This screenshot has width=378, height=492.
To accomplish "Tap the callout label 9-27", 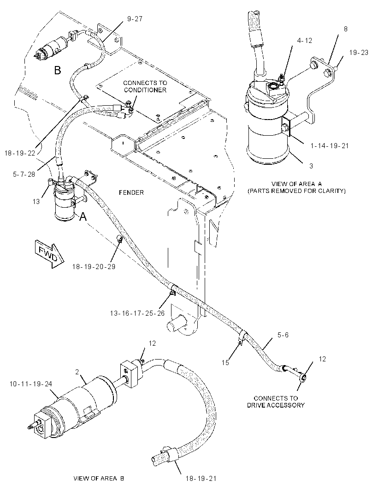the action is pos(135,19).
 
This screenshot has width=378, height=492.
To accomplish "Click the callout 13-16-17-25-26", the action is pos(137,313).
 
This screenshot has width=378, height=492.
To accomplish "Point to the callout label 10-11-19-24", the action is pos(31,384).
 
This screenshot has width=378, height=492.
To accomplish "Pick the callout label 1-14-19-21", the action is pos(330,145).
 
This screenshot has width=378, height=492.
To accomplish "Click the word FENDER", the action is pos(131,192).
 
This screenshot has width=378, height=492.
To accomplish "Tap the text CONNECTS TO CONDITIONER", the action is pos(145,87).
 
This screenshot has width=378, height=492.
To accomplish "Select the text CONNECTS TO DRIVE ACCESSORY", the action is pos(276,402).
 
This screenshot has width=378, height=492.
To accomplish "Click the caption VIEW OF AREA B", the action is pos(98,479).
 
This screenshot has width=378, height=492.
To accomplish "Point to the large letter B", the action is pos(57,70).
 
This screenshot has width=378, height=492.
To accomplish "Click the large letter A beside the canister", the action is pos(83,216).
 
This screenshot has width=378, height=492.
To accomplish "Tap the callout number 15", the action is pos(225,363).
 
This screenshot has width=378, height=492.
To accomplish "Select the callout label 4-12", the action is pos(304,41).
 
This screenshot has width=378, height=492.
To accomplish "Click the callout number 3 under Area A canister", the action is pos(311,166).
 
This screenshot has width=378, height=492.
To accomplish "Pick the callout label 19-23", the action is pos(359,53).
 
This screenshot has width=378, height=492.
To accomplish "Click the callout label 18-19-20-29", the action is pos(94,267).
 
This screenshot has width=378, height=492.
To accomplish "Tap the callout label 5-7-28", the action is pos(24,174).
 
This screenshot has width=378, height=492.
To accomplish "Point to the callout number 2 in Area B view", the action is pos(77,372).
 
